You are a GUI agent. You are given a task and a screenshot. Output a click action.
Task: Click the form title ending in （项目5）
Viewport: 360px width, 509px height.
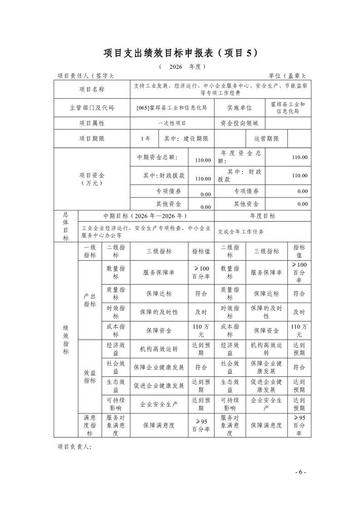click(x=180, y=53)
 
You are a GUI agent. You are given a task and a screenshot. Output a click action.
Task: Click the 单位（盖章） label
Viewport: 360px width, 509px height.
click(x=287, y=76)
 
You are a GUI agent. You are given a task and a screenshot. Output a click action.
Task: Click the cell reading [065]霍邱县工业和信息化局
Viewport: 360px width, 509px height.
click(x=172, y=108)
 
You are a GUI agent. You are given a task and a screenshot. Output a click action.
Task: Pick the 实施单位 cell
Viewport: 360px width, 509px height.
click(x=239, y=108)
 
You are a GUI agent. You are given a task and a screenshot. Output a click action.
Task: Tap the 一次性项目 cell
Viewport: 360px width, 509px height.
click(x=172, y=123)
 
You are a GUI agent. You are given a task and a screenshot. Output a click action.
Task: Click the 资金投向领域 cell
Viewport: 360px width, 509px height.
click(x=239, y=123)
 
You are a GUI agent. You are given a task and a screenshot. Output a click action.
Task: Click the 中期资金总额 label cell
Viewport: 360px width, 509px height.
click(x=158, y=157)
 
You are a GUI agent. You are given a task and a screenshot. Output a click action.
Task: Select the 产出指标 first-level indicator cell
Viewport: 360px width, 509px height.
click(x=90, y=300)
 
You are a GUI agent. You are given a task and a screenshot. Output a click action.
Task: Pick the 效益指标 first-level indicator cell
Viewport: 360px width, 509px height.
click(x=90, y=377)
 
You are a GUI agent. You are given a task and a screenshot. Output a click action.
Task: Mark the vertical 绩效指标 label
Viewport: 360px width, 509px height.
click(x=66, y=339)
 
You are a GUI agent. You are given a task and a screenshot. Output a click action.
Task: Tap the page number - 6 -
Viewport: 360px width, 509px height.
click(x=301, y=472)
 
